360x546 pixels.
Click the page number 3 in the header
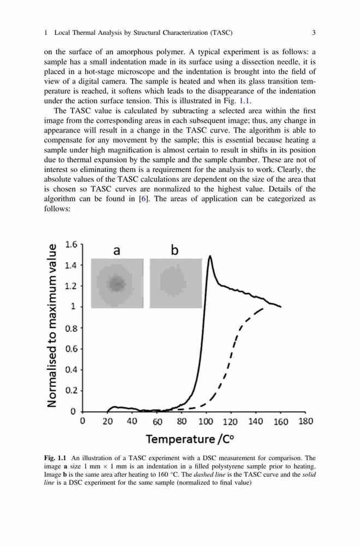(314, 33)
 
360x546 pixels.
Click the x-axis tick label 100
(205, 422)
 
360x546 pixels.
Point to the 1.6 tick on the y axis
(72, 245)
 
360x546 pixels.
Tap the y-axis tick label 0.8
(72, 328)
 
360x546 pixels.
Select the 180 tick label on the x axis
(305, 422)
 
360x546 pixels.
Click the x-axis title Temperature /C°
(190, 439)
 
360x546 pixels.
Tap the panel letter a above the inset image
(117, 251)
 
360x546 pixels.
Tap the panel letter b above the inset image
(175, 250)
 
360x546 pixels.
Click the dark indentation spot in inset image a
(117, 283)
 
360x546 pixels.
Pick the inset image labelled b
(176, 283)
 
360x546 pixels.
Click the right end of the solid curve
(281, 307)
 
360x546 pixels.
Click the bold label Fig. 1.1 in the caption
(55, 458)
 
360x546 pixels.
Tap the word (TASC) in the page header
(221, 33)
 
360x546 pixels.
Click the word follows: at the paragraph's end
(57, 209)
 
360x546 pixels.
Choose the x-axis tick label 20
(107, 422)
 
